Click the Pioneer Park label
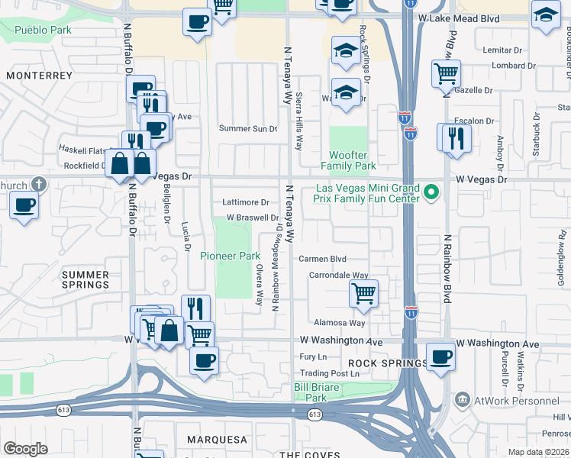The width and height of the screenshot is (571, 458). (x=231, y=256)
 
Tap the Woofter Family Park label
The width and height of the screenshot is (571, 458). (x=348, y=160)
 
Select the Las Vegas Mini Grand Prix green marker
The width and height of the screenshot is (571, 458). (x=432, y=192)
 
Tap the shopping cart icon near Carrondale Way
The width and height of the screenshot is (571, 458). (x=364, y=292)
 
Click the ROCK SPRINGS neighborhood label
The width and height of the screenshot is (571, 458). (x=388, y=363)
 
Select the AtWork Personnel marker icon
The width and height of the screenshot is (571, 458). (x=463, y=399)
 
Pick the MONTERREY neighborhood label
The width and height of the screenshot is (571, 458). (x=39, y=76)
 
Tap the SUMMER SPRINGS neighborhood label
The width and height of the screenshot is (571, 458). (x=85, y=279)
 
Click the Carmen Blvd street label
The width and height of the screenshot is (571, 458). (x=322, y=259)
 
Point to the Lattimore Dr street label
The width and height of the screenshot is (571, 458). (x=245, y=203)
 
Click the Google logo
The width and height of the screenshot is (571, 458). (x=25, y=448)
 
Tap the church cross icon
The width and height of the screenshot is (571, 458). (x=39, y=184)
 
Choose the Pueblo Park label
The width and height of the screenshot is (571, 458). (x=44, y=30)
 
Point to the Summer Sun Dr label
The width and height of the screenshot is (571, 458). (x=247, y=128)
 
